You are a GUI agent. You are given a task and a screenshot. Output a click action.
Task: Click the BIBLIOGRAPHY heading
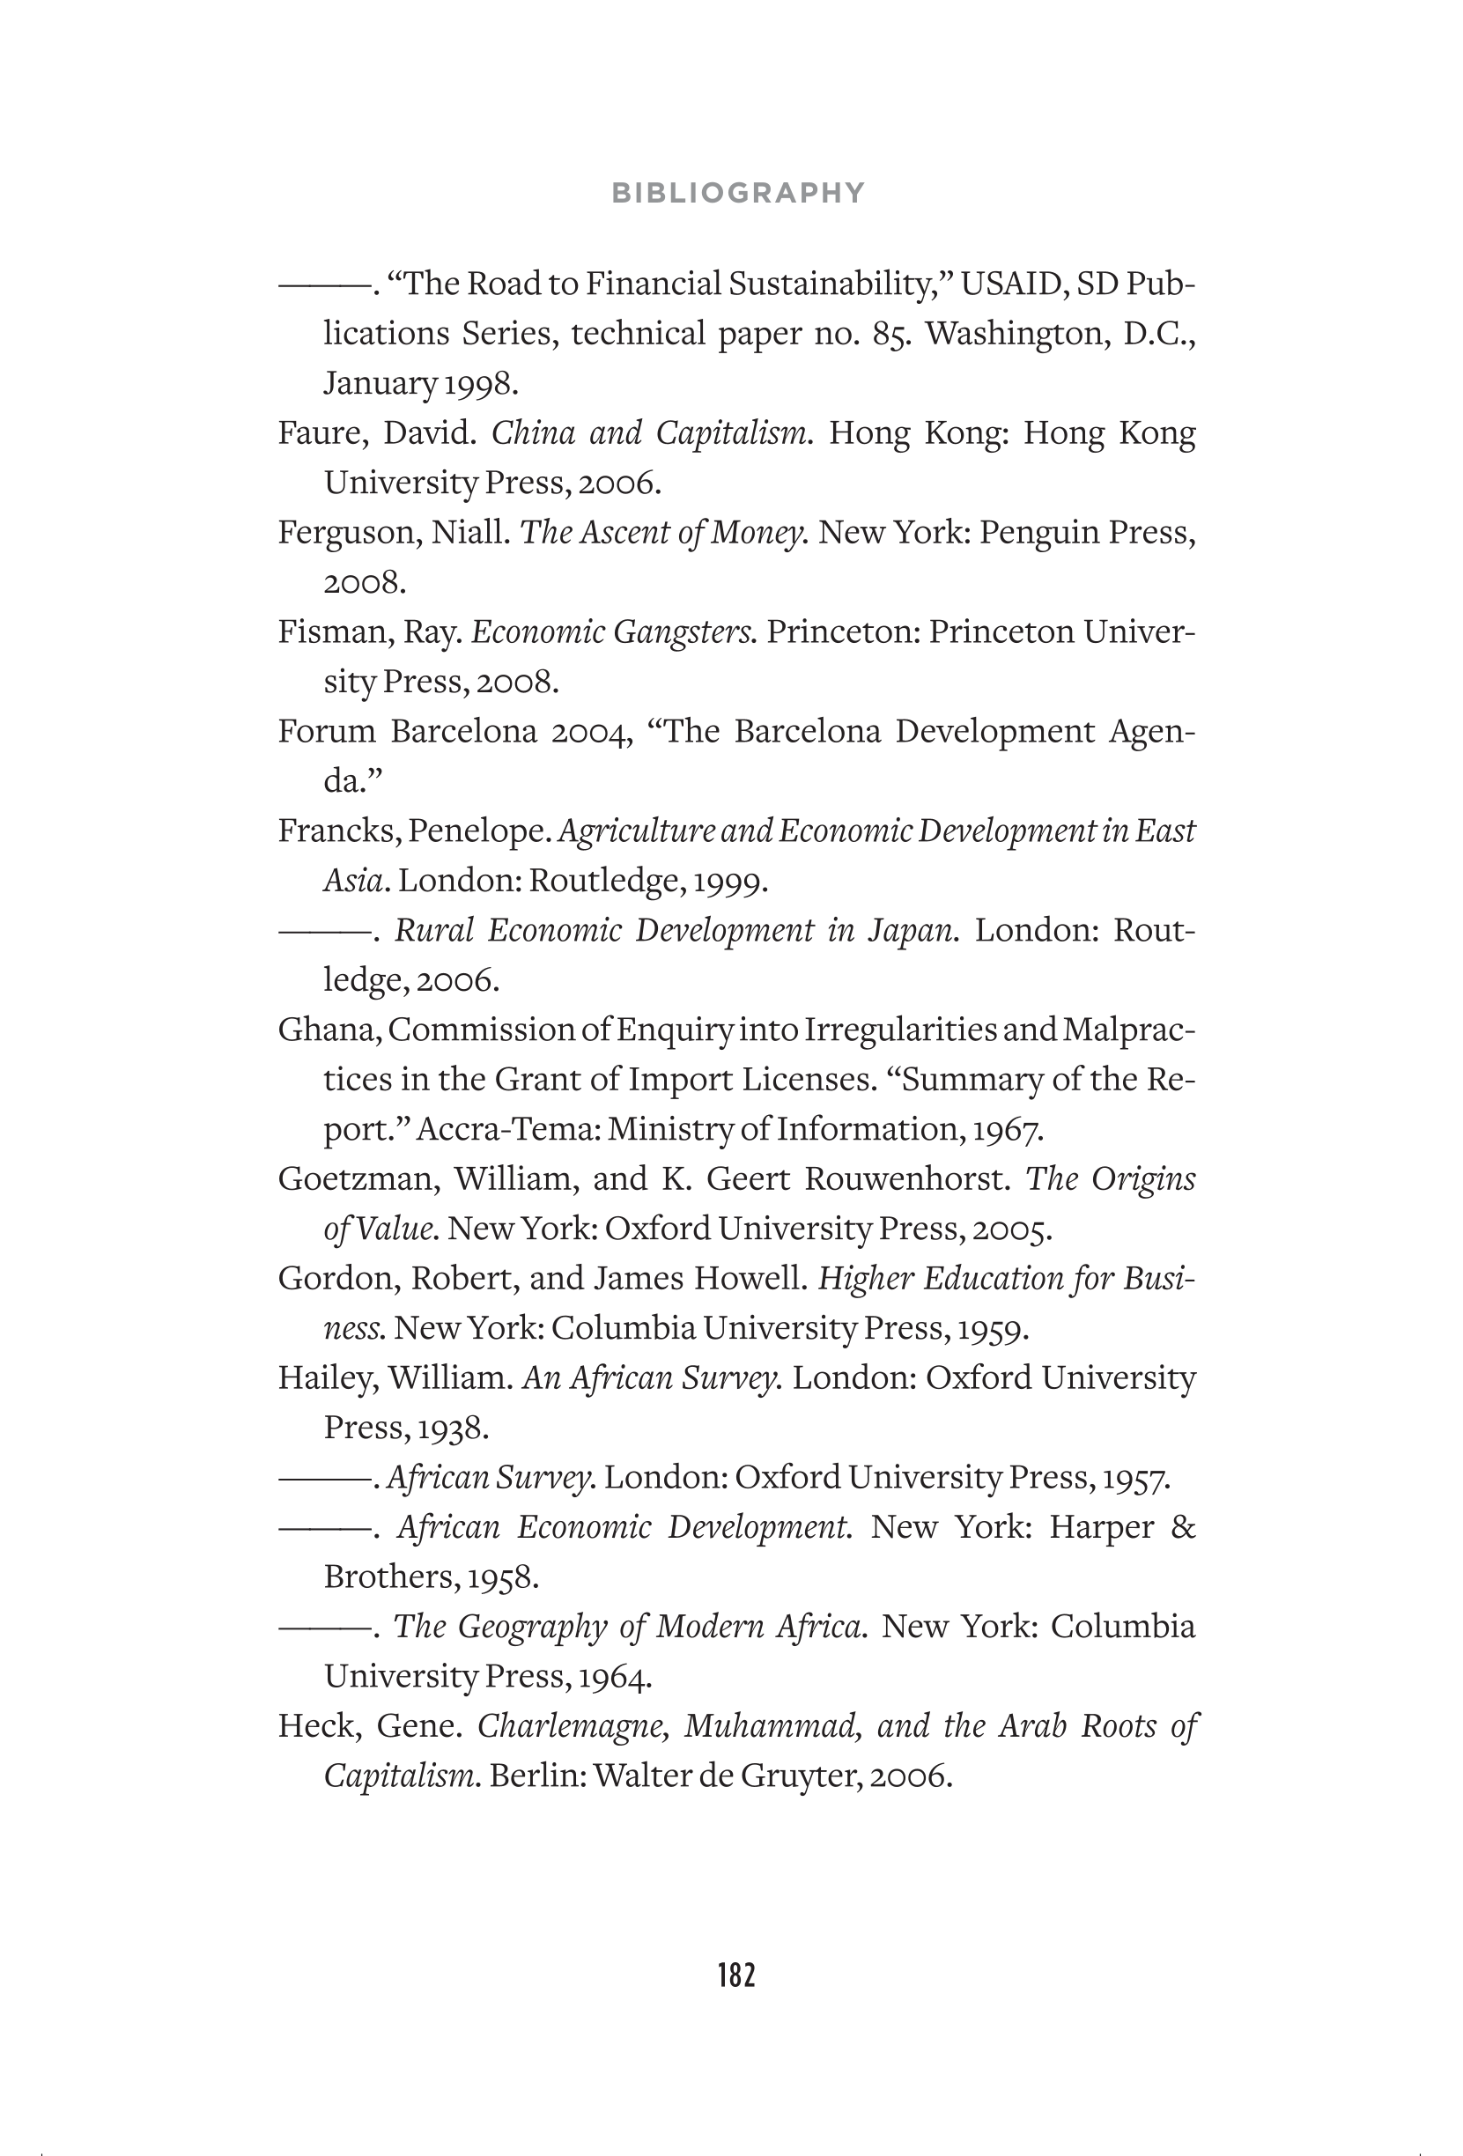click(738, 193)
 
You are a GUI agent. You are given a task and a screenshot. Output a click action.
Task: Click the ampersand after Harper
click(1183, 1527)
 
